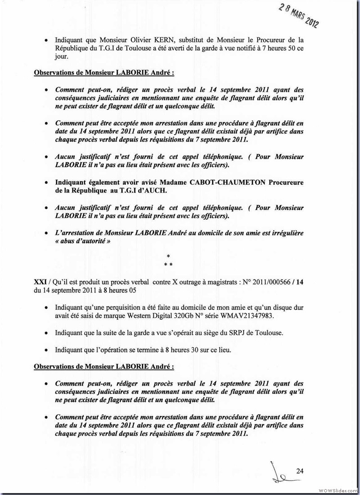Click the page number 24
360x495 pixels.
(x=300, y=471)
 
